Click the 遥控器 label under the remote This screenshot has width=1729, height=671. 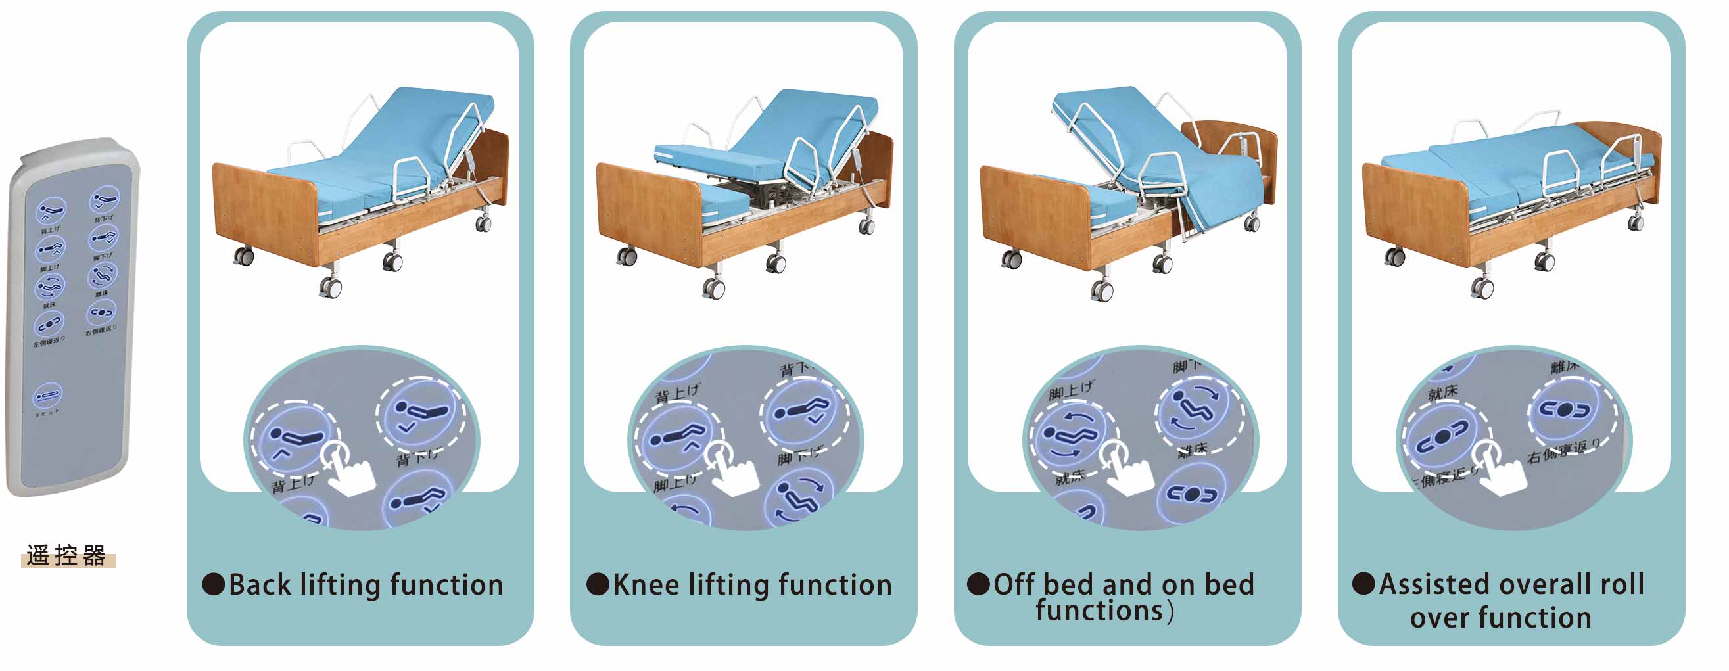point(66,555)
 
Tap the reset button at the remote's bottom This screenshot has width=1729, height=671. point(47,395)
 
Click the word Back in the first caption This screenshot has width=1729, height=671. point(260,585)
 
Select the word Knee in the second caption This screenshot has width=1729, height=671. point(646,585)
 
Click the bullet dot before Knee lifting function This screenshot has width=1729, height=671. point(597,584)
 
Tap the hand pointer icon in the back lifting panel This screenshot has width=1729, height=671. point(349,472)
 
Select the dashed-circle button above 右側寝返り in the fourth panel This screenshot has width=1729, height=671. point(1565,410)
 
